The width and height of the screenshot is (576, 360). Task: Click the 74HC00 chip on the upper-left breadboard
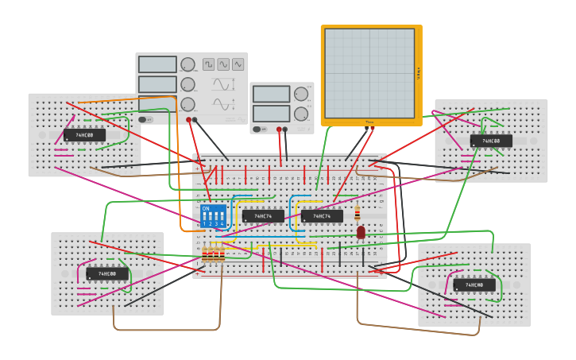[84, 135]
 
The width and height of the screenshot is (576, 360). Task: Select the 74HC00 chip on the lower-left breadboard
[107, 273]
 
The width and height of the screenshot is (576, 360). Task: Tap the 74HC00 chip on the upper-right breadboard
[491, 141]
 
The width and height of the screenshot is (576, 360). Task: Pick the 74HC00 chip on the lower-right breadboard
[474, 285]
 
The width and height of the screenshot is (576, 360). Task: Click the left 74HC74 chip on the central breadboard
[263, 216]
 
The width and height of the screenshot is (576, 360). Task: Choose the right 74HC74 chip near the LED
[322, 216]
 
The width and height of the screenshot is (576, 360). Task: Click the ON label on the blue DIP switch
[206, 209]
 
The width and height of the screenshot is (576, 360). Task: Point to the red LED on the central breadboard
[361, 232]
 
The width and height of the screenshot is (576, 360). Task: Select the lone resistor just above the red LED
[357, 214]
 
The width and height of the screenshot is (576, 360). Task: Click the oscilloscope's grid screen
[369, 73]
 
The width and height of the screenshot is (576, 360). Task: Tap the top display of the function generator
[157, 64]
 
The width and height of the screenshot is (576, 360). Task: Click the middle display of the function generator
[157, 84]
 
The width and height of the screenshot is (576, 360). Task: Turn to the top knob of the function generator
[187, 64]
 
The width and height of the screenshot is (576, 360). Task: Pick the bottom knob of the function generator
[187, 104]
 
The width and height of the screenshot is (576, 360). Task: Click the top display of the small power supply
[272, 94]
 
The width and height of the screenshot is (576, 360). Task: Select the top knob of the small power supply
[301, 94]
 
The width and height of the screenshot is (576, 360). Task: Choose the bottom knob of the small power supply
[301, 114]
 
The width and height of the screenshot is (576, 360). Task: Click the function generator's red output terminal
[188, 120]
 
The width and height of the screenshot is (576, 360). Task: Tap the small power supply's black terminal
[286, 129]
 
